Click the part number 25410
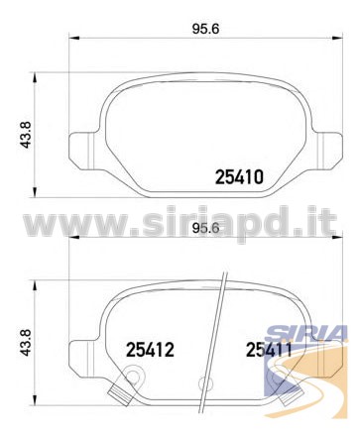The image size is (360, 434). pyautogui.click(x=239, y=176)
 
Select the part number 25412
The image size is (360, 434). pyautogui.click(x=150, y=350)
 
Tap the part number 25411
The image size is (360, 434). pyautogui.click(x=269, y=350)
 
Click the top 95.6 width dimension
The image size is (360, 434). pyautogui.click(x=205, y=29)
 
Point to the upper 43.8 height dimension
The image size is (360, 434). pyautogui.click(x=26, y=135)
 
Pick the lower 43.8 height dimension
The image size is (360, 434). pyautogui.click(x=26, y=342)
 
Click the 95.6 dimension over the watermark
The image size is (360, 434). pyautogui.click(x=205, y=228)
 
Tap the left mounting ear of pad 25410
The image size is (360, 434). pyautogui.click(x=82, y=150)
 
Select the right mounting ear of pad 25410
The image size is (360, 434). pyautogui.click(x=327, y=150)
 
